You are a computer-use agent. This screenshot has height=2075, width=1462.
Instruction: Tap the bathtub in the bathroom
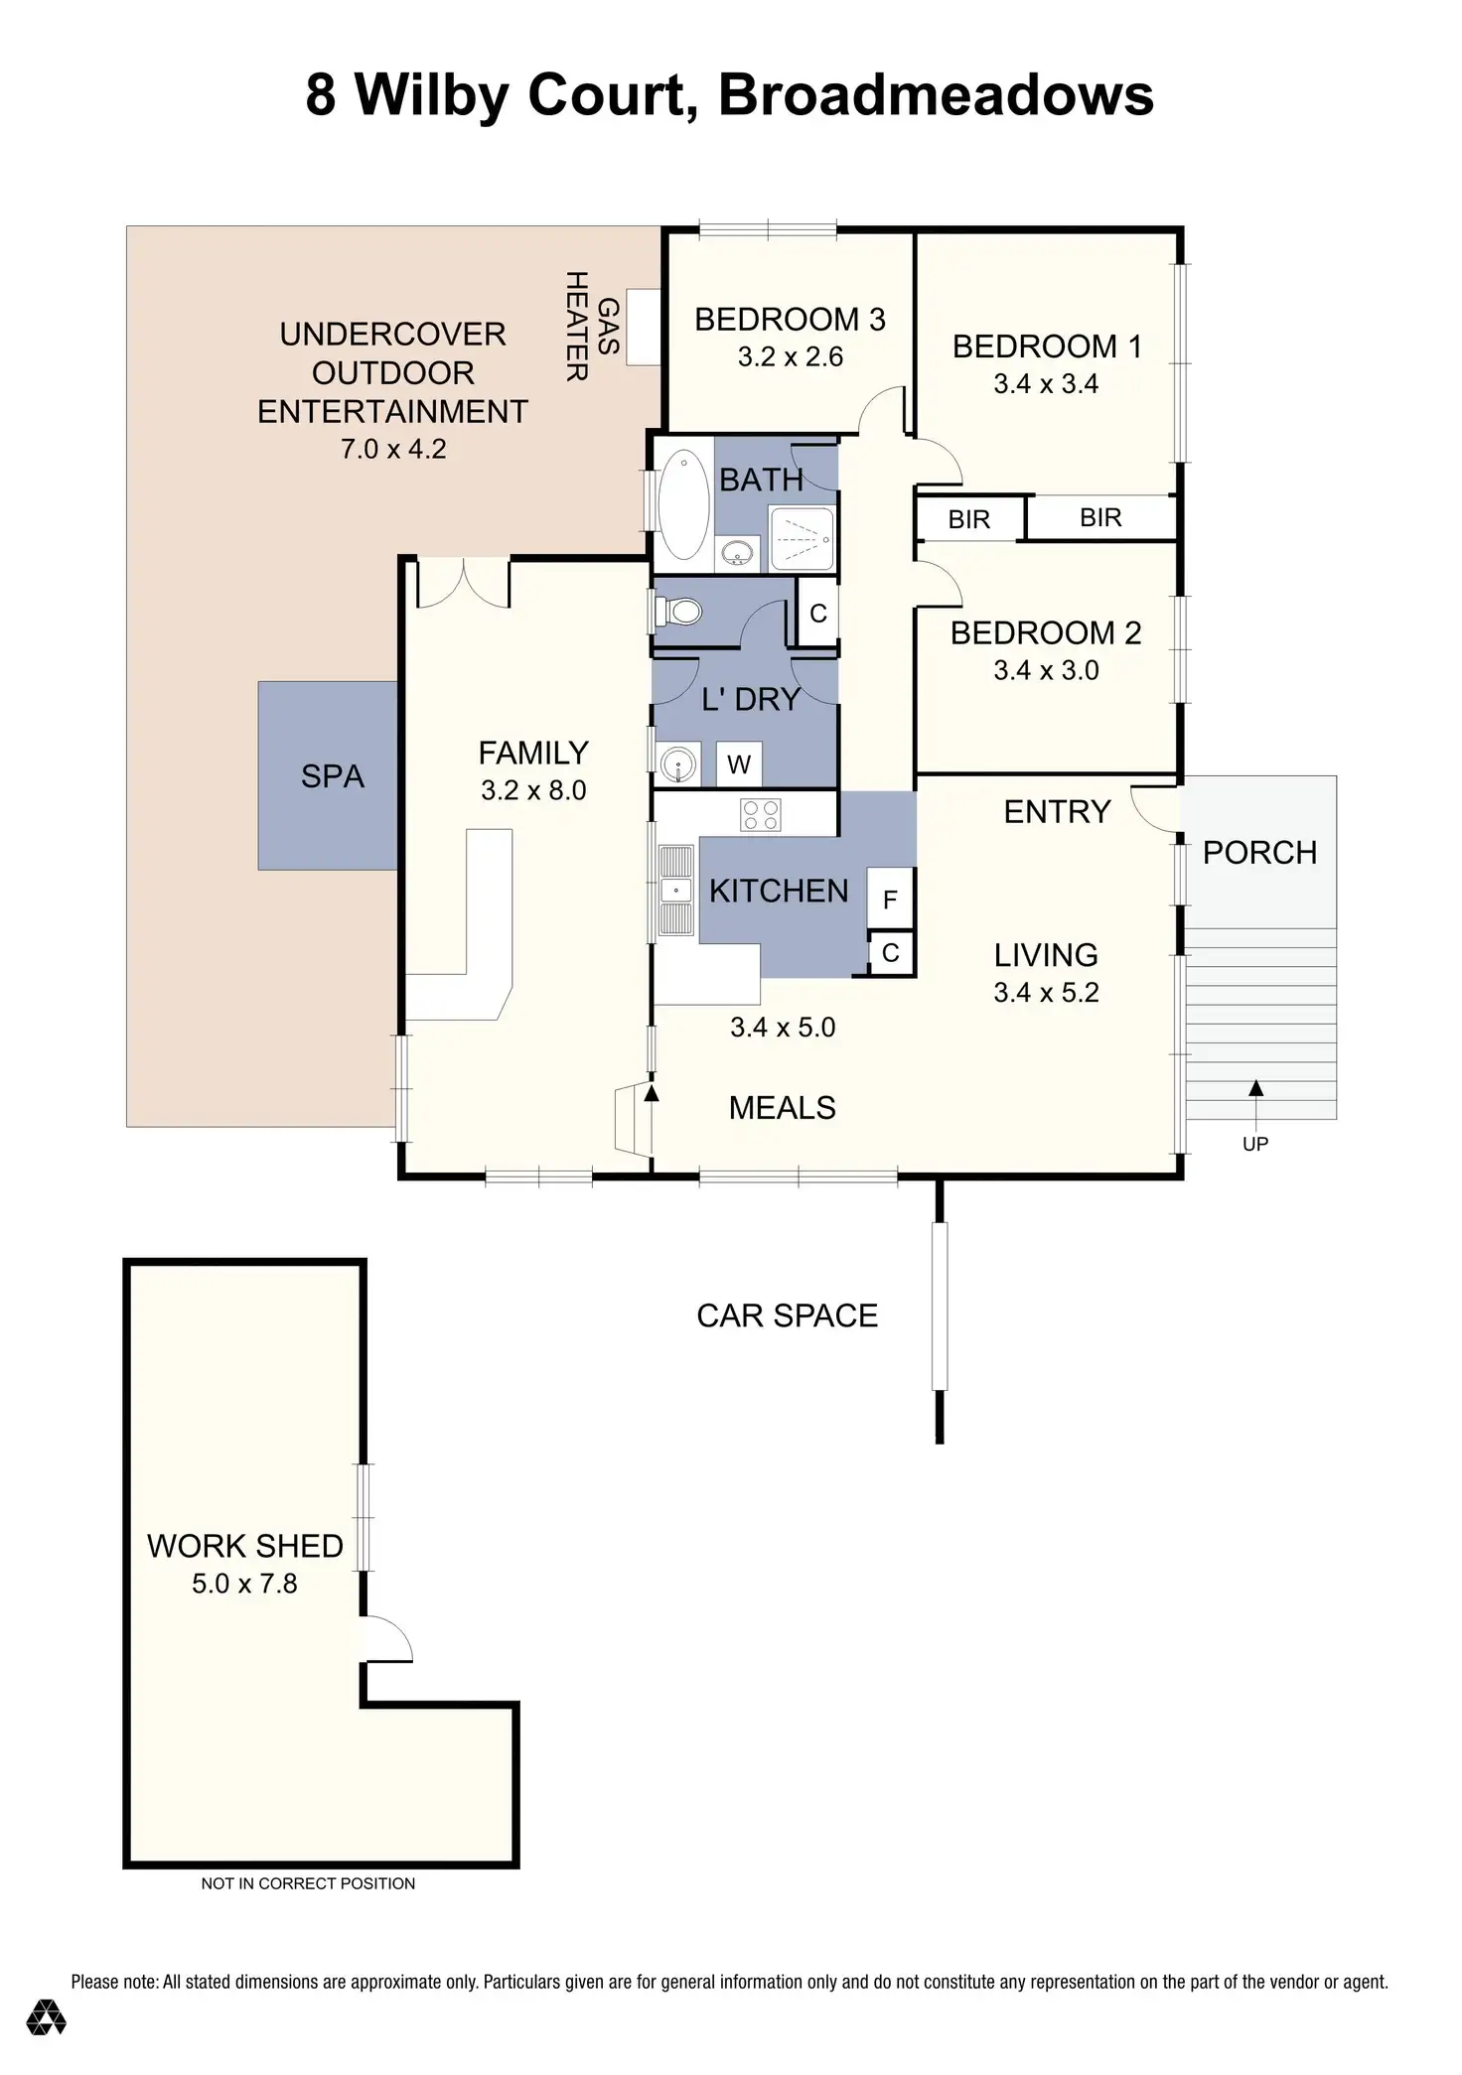(683, 504)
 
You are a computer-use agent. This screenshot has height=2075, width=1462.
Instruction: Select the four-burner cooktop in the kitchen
(761, 815)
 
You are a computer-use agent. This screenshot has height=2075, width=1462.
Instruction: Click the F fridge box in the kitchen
(890, 899)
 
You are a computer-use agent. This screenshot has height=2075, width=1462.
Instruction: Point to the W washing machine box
(739, 764)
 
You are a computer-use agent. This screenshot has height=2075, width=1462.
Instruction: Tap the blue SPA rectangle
(329, 775)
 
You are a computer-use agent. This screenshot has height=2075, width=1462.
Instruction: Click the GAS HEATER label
(592, 326)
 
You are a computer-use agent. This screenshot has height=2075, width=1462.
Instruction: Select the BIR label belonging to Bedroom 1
(1100, 517)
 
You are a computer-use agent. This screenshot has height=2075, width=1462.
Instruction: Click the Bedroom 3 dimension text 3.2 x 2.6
(791, 356)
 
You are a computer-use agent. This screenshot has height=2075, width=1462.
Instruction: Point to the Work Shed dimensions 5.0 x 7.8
(244, 1584)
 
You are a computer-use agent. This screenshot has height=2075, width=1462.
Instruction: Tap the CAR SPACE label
(788, 1315)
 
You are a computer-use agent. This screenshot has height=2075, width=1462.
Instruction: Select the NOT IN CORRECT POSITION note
(308, 1883)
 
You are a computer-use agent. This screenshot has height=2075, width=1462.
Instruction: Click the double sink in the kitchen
(677, 890)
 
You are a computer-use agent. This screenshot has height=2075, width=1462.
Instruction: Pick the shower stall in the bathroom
(803, 538)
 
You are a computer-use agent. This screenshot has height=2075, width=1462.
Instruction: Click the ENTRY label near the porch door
(1057, 812)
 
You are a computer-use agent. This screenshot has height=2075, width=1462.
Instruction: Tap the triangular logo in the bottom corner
(46, 2016)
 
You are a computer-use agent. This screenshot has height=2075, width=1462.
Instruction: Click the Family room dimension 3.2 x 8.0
(533, 790)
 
